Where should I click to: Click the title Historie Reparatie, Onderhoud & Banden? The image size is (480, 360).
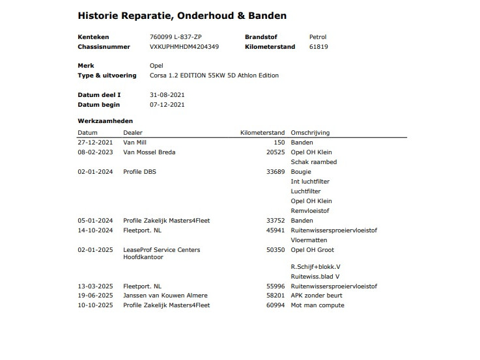pyautogui.click(x=182, y=15)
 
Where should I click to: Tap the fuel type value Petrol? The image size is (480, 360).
pyautogui.click(x=317, y=37)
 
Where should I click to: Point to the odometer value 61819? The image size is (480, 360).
pyautogui.click(x=318, y=47)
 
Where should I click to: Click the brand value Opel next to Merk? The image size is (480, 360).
pyautogui.click(x=156, y=66)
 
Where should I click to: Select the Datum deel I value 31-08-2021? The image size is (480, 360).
pyautogui.click(x=167, y=95)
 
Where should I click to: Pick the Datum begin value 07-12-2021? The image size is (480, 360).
pyautogui.click(x=167, y=105)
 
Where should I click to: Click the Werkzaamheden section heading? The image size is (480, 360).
pyautogui.click(x=106, y=121)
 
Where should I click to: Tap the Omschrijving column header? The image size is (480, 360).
pyautogui.click(x=310, y=133)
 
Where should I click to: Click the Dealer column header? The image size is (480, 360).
pyautogui.click(x=133, y=133)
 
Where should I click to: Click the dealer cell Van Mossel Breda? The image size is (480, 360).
pyautogui.click(x=149, y=152)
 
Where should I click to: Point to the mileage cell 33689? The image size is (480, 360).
pyautogui.click(x=276, y=172)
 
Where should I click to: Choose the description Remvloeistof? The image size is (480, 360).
pyautogui.click(x=310, y=211)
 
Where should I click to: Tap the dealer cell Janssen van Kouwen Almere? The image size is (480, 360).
pyautogui.click(x=165, y=296)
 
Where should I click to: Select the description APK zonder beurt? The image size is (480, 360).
pyautogui.click(x=317, y=296)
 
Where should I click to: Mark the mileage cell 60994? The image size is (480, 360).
pyautogui.click(x=276, y=305)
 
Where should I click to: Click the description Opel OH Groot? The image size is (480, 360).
pyautogui.click(x=312, y=249)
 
